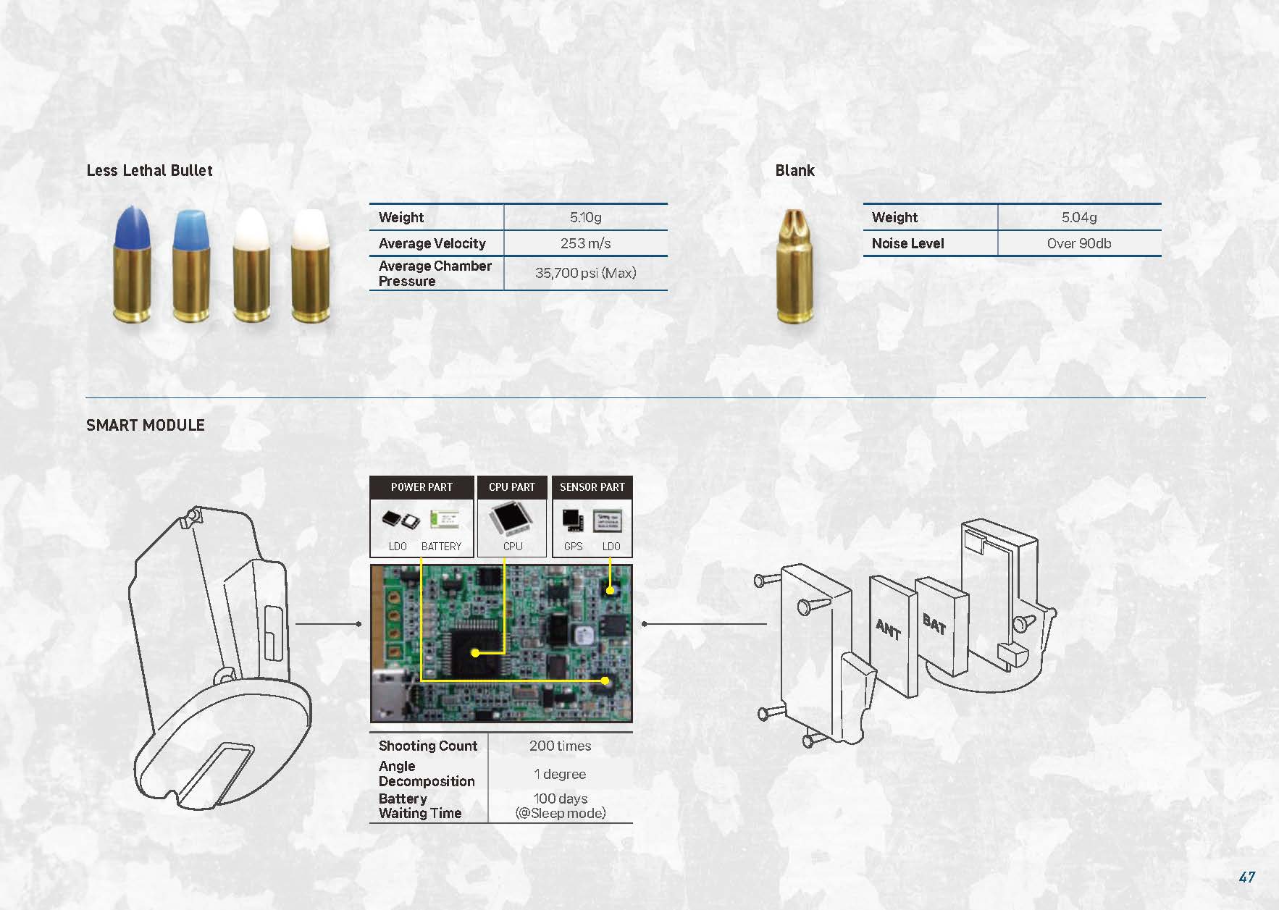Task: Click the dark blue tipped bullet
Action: [133, 264]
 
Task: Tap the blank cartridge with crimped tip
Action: [795, 265]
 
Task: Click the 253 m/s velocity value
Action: [585, 243]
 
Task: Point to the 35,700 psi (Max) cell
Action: [585, 273]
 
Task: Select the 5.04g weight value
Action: [1079, 217]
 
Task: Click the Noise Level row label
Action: [907, 243]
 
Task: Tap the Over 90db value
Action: [1079, 243]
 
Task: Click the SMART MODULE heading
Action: [146, 425]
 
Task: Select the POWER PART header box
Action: [422, 487]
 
